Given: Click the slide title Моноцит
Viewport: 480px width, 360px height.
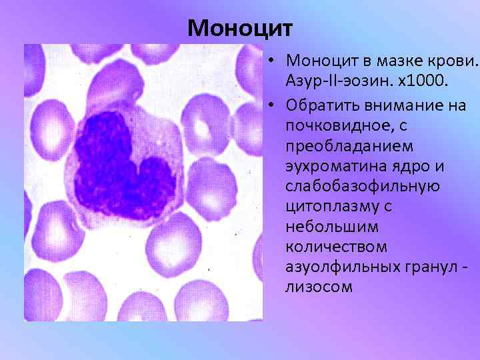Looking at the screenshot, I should [x=239, y=28].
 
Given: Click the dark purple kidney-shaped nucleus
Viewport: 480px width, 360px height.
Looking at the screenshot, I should [x=120, y=157].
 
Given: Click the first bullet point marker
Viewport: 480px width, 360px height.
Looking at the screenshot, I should [x=273, y=61].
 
